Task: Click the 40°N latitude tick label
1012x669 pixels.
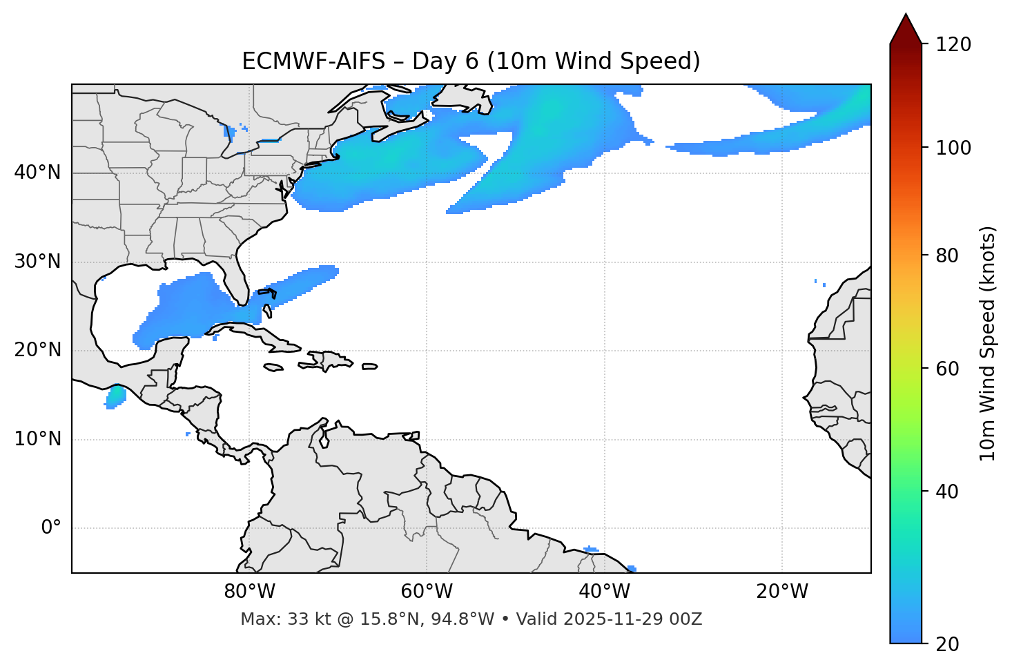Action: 37,173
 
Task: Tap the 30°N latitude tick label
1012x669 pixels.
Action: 37,262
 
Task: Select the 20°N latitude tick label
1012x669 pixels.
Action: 37,350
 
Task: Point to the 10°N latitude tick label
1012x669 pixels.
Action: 37,439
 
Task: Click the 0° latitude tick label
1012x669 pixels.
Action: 50,528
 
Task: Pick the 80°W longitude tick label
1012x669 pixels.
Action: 249,592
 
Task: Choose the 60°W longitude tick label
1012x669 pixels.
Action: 427,592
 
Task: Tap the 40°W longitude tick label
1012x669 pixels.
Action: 604,592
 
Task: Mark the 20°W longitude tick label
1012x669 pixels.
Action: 781,592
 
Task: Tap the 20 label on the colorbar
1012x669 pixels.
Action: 948,644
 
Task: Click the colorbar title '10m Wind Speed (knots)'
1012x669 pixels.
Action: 988,343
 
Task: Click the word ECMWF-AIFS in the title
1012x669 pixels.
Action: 313,61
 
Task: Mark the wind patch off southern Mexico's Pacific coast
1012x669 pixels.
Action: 115,396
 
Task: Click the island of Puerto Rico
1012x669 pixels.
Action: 370,367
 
